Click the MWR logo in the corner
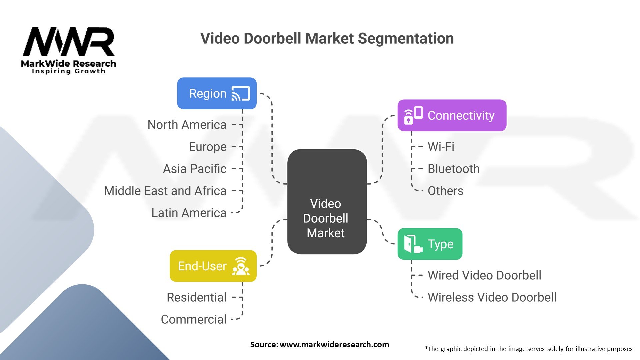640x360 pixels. point(69,50)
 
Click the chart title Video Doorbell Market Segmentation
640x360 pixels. point(327,38)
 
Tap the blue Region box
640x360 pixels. point(217,93)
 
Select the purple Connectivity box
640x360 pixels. point(452,115)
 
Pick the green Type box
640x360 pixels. point(430,244)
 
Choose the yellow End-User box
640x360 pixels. point(213,266)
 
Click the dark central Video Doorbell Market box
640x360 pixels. point(327,202)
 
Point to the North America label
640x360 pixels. point(187,125)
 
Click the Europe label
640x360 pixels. point(208,147)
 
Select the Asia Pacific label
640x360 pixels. point(195,169)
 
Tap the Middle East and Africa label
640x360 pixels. point(165,191)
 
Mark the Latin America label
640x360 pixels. point(189,213)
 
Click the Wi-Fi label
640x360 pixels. point(441,147)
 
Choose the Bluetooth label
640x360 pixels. point(454,169)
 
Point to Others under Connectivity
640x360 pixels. point(445,191)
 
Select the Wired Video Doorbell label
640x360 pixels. point(484,275)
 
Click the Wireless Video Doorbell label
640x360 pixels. point(492,297)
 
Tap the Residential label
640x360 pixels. point(197,297)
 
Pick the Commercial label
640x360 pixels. point(194,319)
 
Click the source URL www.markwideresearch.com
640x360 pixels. point(334,345)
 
